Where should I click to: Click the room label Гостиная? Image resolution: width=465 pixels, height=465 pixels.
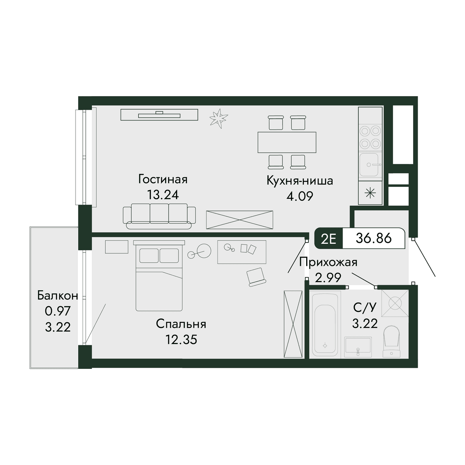pos(163,179)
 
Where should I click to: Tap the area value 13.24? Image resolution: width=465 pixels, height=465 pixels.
pos(163,195)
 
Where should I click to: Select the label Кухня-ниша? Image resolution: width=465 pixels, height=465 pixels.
pos(300,181)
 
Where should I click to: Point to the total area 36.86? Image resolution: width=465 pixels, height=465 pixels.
pos(374,238)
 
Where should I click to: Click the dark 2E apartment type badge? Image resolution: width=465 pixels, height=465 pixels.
pos(329,238)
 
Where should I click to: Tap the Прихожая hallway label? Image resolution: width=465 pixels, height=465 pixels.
pos(328,263)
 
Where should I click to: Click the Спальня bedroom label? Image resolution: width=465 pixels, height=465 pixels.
pos(181,324)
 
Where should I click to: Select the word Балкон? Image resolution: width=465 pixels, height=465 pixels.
pos(57,296)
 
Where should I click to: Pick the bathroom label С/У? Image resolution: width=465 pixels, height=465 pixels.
pos(365,307)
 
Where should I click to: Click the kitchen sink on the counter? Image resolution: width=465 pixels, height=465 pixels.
pos(369,165)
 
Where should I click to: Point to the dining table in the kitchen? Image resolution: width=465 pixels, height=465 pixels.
pos(287,142)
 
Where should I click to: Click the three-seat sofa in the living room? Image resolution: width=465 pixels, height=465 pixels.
pos(159,216)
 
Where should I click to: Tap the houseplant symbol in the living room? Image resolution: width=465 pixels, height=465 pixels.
pos(219,119)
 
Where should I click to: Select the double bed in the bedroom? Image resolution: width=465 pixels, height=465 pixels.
pos(159,276)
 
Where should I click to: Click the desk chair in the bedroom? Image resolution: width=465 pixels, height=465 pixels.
pos(256,277)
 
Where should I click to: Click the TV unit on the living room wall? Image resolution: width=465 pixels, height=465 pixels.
pos(159,115)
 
